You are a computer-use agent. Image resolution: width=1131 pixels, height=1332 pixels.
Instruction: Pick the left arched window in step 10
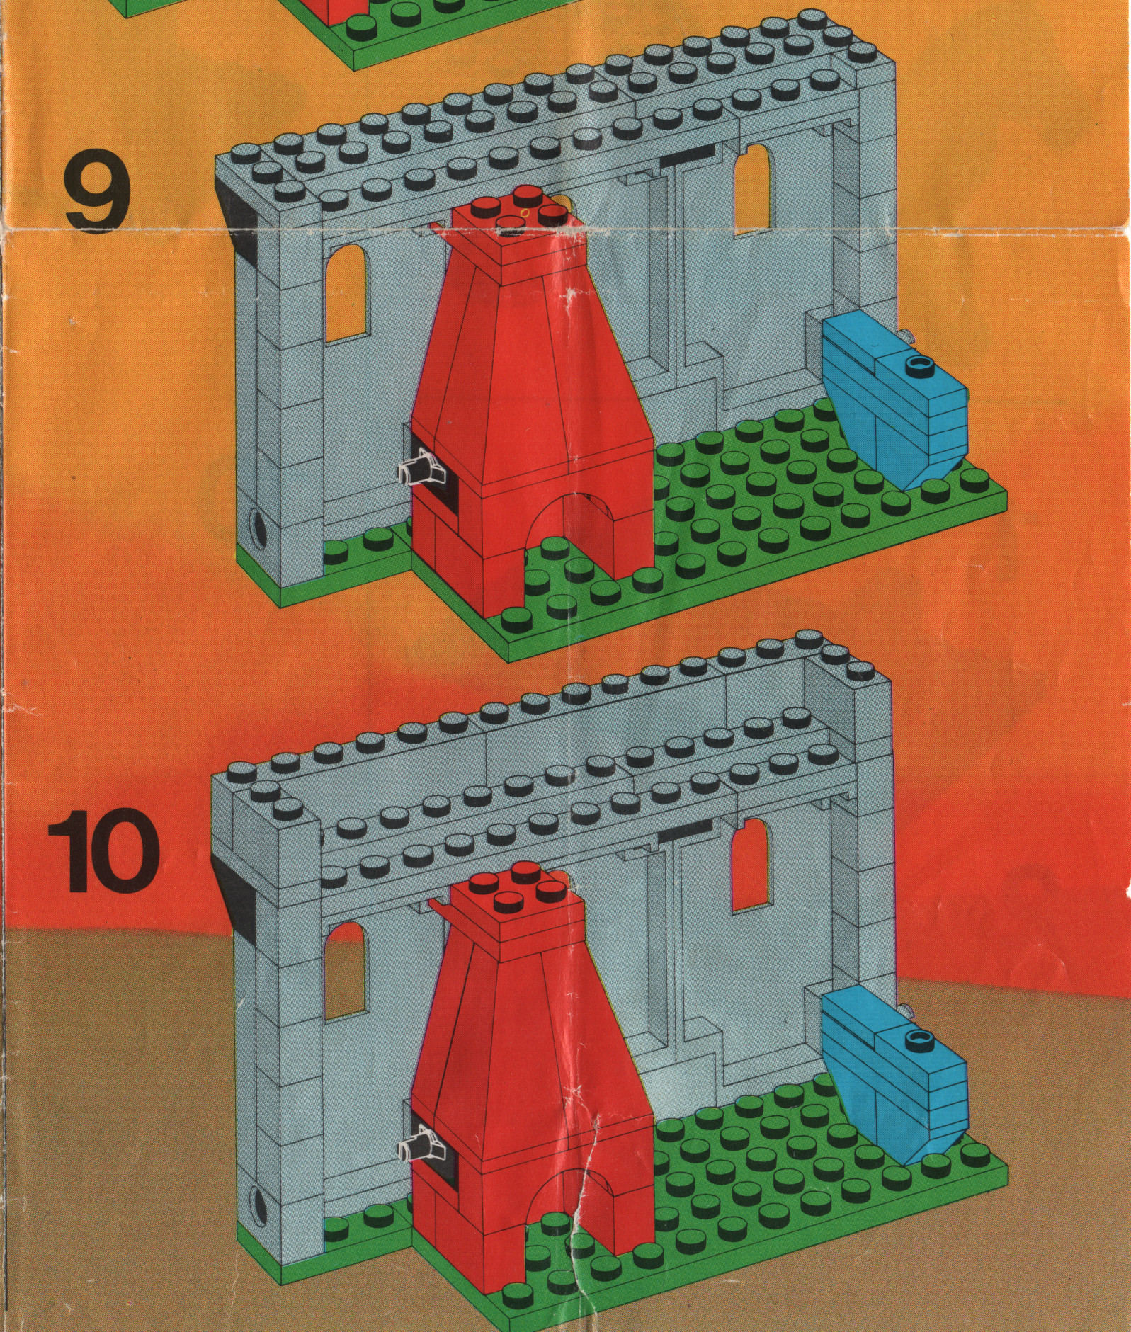[346, 971]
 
